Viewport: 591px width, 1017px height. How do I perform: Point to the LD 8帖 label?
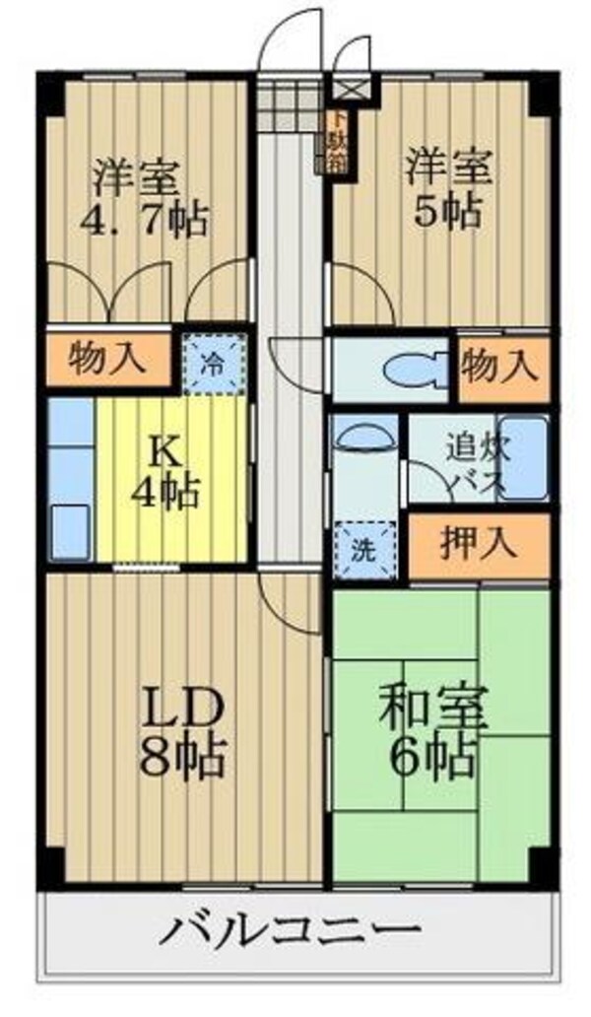point(185,730)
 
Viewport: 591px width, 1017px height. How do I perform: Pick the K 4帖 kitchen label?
point(169,474)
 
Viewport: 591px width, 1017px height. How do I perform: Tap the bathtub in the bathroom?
point(522,458)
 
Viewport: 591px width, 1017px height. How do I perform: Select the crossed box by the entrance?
point(351,89)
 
